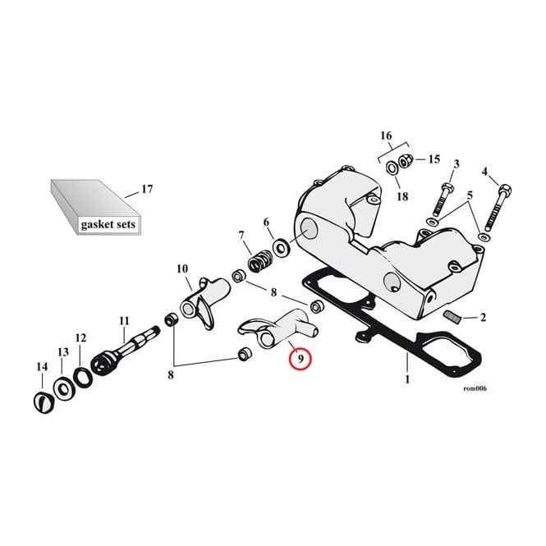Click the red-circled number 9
301,358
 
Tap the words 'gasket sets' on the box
108,224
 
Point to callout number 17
147,189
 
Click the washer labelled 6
281,248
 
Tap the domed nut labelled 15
405,161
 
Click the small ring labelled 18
392,168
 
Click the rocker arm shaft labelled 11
124,351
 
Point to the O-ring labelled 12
84,377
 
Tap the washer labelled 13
64,388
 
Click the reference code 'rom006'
475,388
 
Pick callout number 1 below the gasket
407,379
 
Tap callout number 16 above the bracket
386,135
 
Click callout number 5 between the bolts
470,195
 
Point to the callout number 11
124,321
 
